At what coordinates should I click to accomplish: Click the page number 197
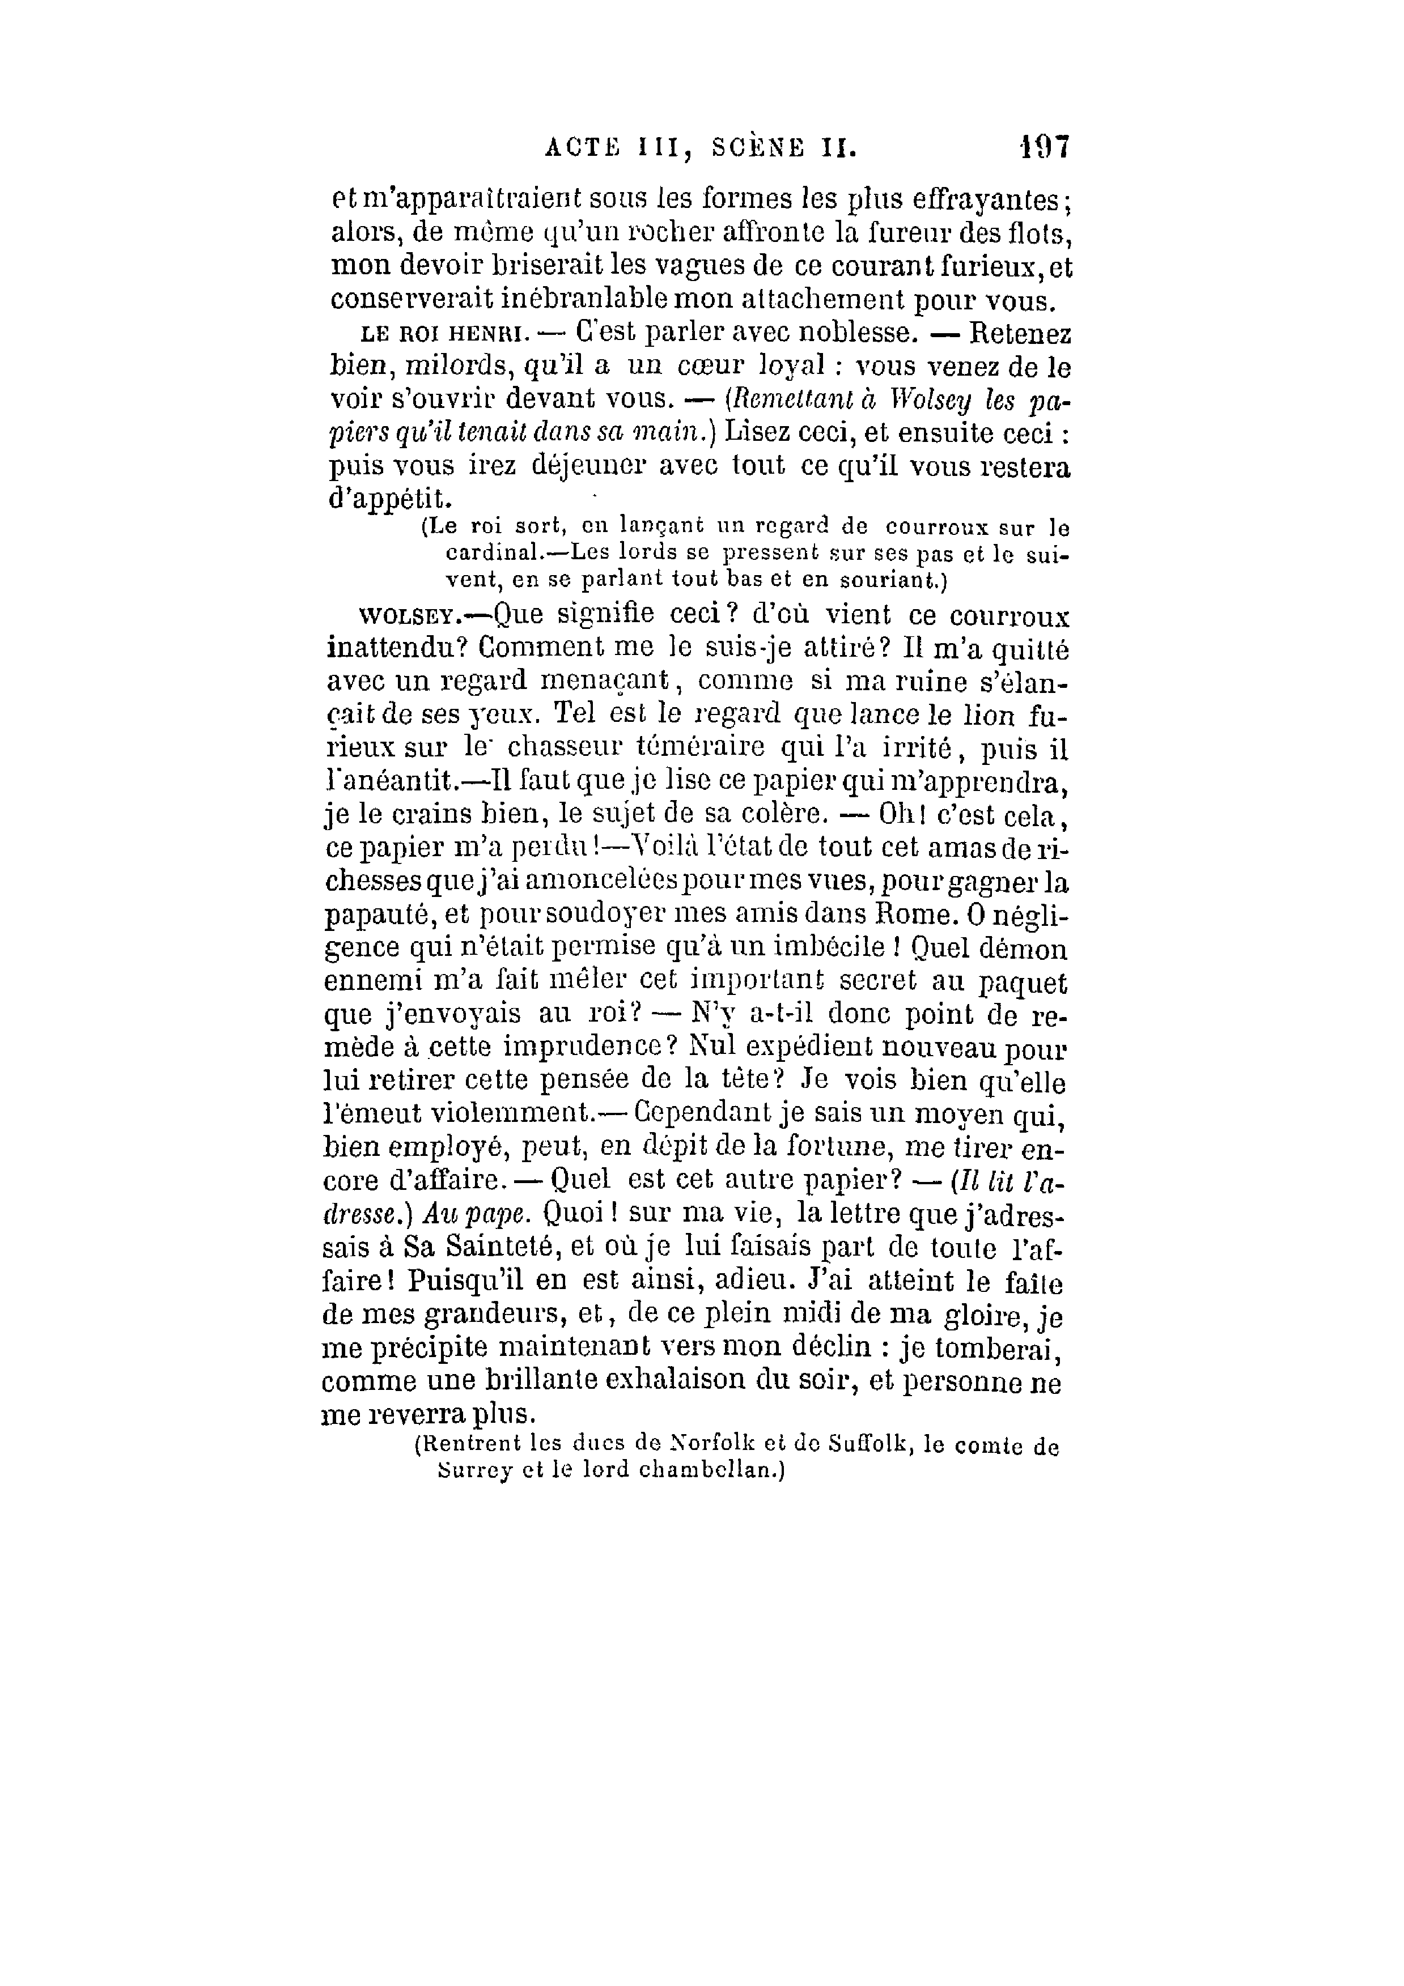pyautogui.click(x=1045, y=147)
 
